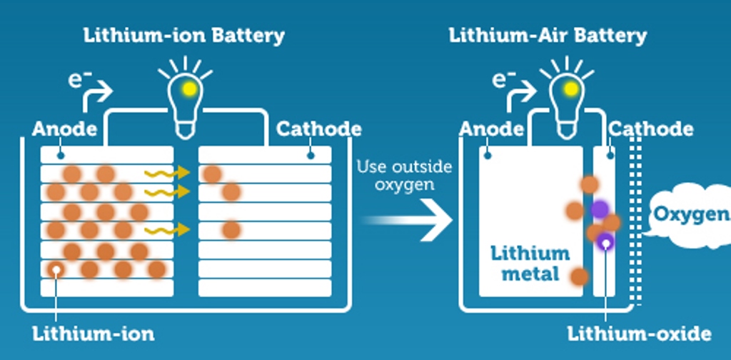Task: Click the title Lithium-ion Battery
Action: pyautogui.click(x=184, y=35)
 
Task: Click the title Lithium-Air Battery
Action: pyautogui.click(x=548, y=35)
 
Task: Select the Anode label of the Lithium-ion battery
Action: pyautogui.click(x=64, y=129)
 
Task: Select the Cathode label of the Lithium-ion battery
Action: pyautogui.click(x=318, y=129)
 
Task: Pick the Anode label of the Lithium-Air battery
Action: pyautogui.click(x=491, y=129)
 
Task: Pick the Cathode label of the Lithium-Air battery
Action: pyautogui.click(x=650, y=129)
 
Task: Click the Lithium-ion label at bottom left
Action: pyautogui.click(x=93, y=334)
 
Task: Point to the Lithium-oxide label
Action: pyautogui.click(x=639, y=334)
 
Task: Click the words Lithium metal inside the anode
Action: pyautogui.click(x=530, y=263)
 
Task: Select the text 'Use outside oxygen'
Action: pyautogui.click(x=404, y=175)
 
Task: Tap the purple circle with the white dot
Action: pyautogui.click(x=605, y=243)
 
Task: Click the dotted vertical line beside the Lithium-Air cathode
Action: pyautogui.click(x=637, y=221)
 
